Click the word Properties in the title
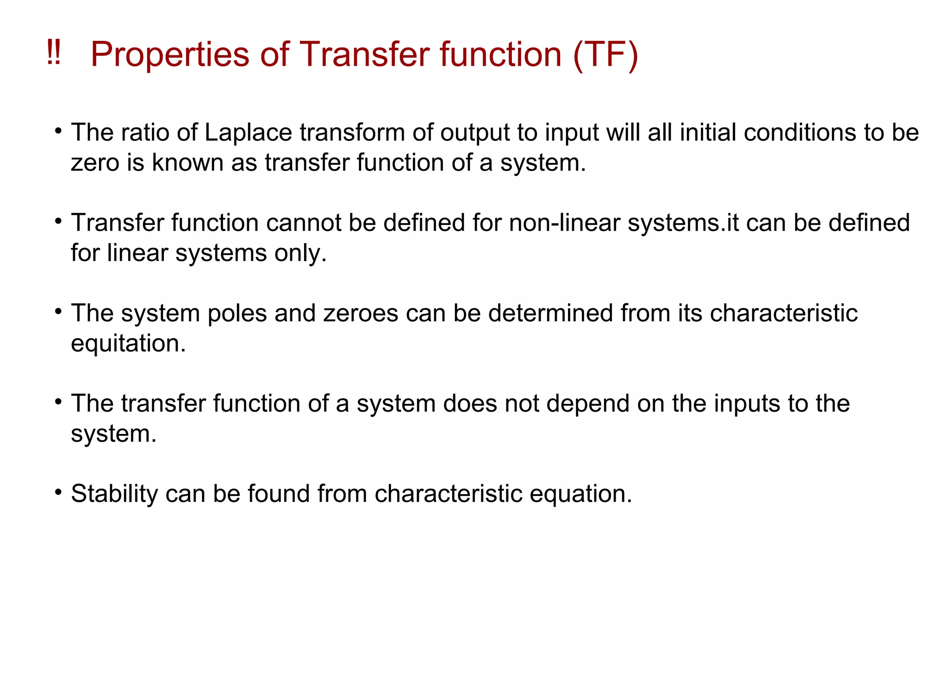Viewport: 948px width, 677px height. point(170,55)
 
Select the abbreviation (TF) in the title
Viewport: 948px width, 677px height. point(605,55)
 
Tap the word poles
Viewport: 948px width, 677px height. point(237,313)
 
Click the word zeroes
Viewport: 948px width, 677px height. point(361,313)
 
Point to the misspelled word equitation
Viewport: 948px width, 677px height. point(128,344)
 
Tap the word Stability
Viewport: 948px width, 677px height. point(114,494)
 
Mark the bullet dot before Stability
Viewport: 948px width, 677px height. point(58,492)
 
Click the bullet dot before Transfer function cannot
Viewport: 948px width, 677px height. point(58,221)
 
